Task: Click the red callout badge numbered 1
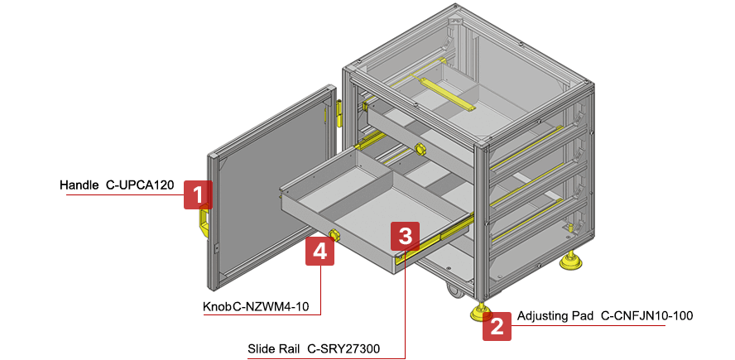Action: coord(197,194)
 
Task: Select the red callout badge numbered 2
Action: coord(497,326)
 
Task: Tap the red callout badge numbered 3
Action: coord(404,237)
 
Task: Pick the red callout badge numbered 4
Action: coord(319,250)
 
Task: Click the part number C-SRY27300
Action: coord(344,349)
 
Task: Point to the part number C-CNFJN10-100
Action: coord(646,315)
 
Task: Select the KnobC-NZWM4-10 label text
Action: coord(256,307)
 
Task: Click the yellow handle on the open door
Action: coord(202,223)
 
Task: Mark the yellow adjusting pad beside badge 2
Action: coord(478,313)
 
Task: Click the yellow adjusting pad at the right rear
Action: coord(569,262)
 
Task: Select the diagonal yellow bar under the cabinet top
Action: coord(448,93)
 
